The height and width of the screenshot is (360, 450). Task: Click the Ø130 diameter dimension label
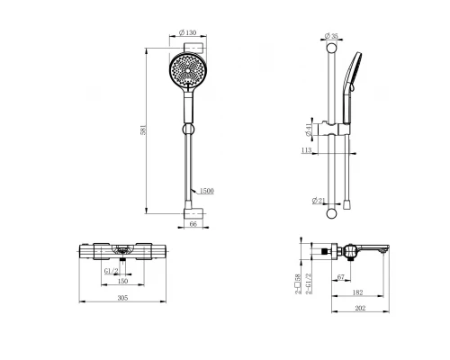(x=187, y=32)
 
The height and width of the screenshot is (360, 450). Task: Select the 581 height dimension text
(x=143, y=130)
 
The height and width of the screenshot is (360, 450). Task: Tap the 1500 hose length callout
(x=206, y=191)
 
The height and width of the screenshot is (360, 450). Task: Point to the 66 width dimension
(x=193, y=224)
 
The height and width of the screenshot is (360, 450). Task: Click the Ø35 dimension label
(x=331, y=36)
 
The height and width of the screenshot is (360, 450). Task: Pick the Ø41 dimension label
(x=308, y=130)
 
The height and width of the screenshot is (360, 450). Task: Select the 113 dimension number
(x=306, y=150)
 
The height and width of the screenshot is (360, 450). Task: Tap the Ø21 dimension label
(x=319, y=201)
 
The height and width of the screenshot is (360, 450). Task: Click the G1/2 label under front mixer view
(x=112, y=271)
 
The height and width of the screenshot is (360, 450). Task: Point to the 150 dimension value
(x=122, y=281)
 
